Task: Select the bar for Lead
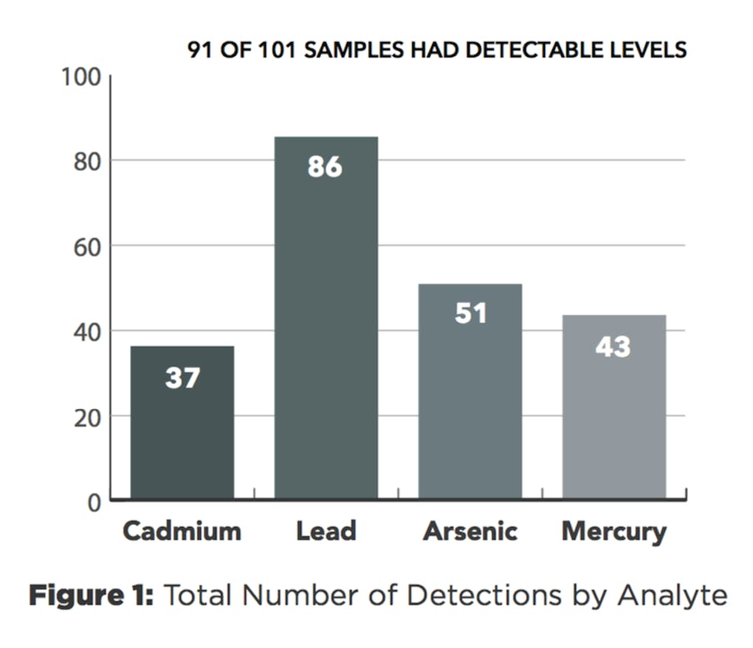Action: [x=326, y=332]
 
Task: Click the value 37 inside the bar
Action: [x=182, y=378]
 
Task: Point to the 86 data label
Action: [x=326, y=167]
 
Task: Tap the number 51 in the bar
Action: [x=471, y=313]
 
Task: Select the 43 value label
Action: [x=613, y=345]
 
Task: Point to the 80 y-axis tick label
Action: [x=86, y=162]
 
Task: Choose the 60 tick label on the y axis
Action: [x=86, y=247]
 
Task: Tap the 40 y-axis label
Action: [x=86, y=331]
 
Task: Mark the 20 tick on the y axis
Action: [x=86, y=417]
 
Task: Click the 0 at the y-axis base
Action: [x=94, y=503]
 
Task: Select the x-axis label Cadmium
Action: [x=182, y=531]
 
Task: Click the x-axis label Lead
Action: [x=326, y=531]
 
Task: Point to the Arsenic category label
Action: [x=470, y=531]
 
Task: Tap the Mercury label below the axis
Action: [x=613, y=531]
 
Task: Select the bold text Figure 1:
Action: [x=90, y=595]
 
